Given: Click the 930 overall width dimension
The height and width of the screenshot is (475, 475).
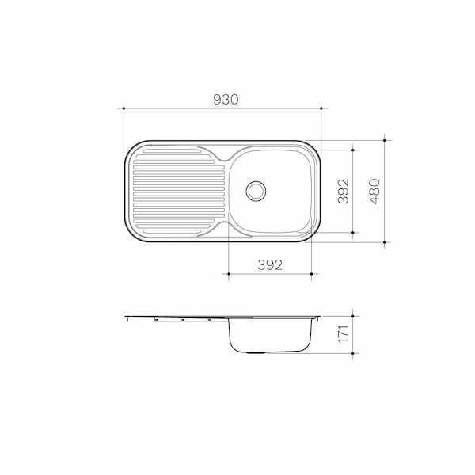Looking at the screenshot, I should (x=224, y=100).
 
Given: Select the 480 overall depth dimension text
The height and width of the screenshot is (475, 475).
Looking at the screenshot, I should (x=375, y=191).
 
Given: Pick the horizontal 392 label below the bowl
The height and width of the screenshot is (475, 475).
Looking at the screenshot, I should (x=270, y=265).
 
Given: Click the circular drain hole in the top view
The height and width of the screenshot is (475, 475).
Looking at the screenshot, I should (x=256, y=191).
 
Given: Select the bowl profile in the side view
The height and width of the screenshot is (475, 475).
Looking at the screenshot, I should (x=270, y=336).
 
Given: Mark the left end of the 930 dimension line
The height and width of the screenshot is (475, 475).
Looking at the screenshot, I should (x=125, y=108).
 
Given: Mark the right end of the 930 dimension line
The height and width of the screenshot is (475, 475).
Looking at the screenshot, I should (x=321, y=108).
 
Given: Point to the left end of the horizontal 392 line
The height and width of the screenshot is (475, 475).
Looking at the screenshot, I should (x=228, y=274).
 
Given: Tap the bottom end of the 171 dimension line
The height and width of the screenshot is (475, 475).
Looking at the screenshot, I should (x=351, y=354).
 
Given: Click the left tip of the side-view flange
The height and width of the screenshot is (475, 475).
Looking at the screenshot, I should (x=126, y=318).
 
